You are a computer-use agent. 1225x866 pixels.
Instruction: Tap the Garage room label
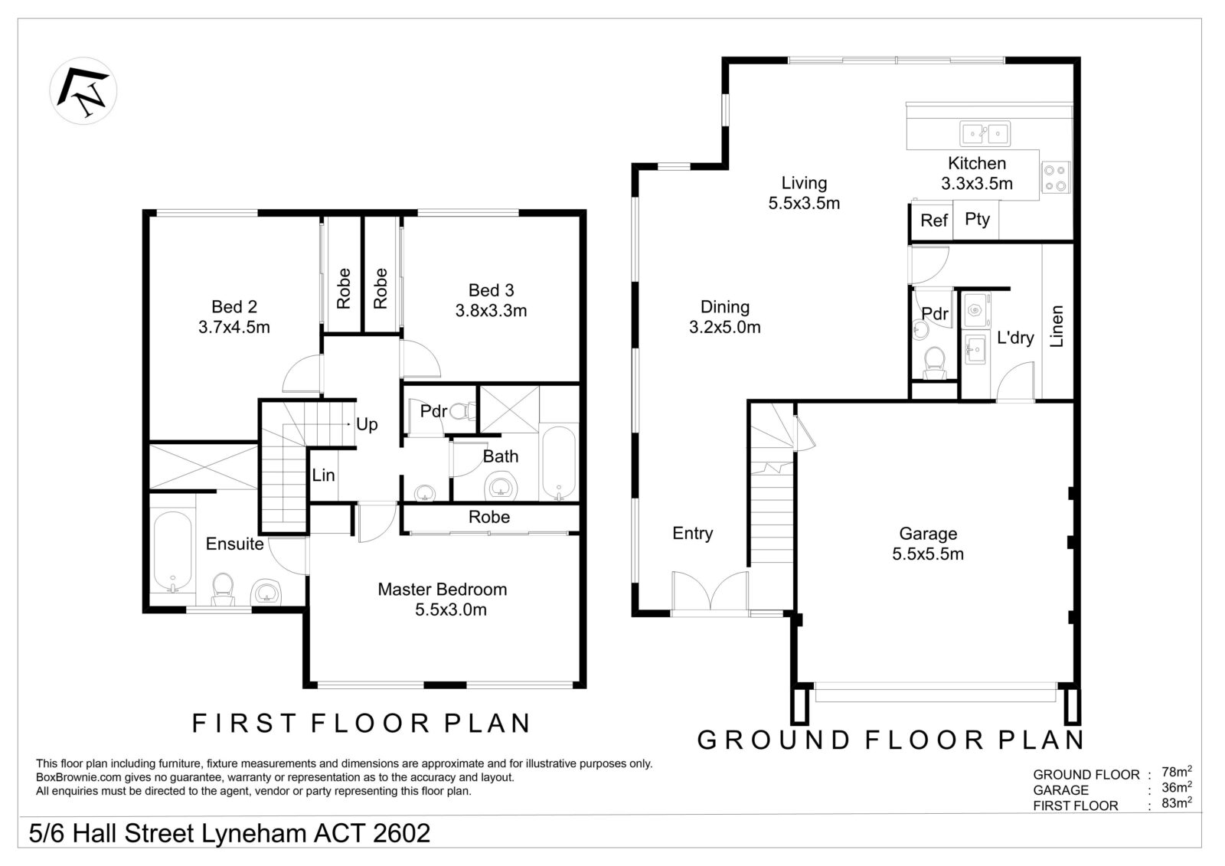[928, 534]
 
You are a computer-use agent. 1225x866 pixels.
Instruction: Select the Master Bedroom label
[443, 590]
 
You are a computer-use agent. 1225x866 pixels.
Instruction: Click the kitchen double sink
[985, 134]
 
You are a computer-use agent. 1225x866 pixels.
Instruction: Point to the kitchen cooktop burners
[1056, 178]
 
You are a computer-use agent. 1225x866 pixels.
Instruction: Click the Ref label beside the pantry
[934, 221]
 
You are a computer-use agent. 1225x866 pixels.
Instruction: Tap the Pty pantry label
[978, 220]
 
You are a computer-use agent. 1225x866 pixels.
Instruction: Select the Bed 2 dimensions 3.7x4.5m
[234, 328]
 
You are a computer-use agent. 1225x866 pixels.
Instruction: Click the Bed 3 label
[492, 290]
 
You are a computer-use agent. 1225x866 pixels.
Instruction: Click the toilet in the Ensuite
[222, 590]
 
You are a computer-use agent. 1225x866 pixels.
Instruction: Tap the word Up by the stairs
[367, 425]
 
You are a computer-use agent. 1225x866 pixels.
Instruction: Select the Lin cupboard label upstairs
[324, 475]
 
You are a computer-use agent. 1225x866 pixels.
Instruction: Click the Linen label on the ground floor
[1057, 327]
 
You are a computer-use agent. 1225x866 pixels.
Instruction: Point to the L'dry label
[1015, 338]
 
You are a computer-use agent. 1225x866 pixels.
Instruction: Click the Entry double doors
[710, 592]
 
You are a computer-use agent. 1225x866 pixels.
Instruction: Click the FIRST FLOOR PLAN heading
[361, 724]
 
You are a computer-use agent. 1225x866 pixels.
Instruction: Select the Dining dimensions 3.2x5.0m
[725, 328]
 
